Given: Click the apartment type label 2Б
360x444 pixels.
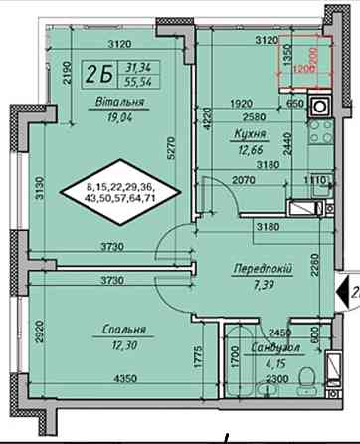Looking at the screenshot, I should (x=97, y=72).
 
